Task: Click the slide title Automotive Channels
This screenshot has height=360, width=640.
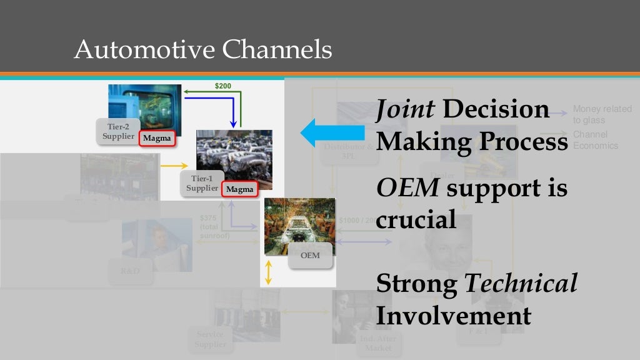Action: [x=202, y=50]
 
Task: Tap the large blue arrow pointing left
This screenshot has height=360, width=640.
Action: [x=332, y=132]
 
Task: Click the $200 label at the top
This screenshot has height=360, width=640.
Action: [x=223, y=86]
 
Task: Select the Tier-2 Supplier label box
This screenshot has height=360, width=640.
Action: [x=118, y=131]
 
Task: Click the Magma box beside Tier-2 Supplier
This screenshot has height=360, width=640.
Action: [x=156, y=138]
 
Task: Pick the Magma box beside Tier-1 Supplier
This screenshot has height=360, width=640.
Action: [x=240, y=189]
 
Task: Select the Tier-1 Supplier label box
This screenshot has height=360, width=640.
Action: [x=202, y=183]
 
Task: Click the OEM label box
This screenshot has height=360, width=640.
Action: [x=309, y=255]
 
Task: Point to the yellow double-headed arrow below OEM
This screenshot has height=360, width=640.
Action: [x=268, y=273]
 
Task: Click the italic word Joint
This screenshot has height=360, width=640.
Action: [x=406, y=110]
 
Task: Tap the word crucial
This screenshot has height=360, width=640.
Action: [x=416, y=220]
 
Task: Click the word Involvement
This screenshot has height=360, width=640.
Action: [x=453, y=315]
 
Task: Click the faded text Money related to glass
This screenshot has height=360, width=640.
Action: [x=602, y=114]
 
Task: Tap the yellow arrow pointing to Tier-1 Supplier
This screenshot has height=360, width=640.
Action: [x=174, y=166]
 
